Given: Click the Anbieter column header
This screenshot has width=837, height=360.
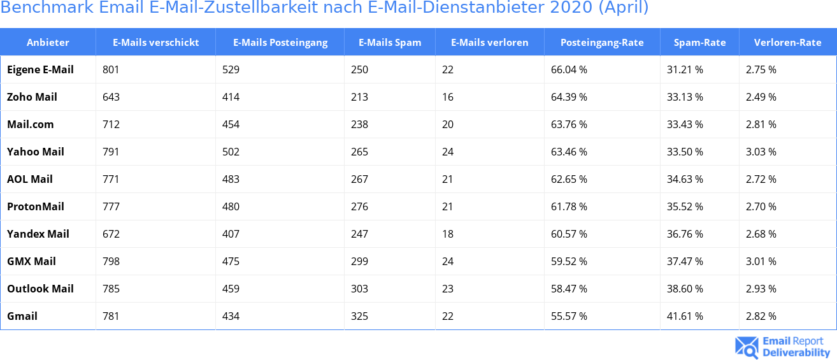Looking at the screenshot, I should point(48,43).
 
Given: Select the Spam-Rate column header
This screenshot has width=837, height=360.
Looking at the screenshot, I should point(699,43).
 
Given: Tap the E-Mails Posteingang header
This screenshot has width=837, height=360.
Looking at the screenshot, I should point(280,43).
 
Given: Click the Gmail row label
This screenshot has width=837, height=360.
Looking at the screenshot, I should point(22,316).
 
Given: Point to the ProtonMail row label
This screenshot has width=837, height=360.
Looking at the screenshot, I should point(36,206).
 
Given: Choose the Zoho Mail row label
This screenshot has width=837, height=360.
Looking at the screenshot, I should point(32,97).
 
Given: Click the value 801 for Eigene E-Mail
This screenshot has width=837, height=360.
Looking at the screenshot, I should point(111,69).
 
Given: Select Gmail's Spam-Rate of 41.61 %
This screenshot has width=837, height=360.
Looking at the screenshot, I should point(685,316).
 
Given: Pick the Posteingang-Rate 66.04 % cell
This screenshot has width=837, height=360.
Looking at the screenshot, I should point(569,69).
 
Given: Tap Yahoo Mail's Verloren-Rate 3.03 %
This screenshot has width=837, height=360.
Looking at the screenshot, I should point(761,152).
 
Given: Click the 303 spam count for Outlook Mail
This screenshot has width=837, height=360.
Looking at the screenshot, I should point(359,289).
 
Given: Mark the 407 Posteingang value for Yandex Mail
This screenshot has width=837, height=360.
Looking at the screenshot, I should point(231,234).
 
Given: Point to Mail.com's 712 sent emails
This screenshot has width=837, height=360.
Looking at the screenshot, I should point(111,124).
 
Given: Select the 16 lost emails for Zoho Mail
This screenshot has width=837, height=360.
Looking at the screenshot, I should point(448,97).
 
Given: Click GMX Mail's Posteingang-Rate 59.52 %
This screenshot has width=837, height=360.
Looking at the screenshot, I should point(569,261).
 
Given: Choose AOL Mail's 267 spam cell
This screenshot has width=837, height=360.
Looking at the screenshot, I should point(359,179).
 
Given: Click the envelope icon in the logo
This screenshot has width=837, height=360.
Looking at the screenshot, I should point(747,347).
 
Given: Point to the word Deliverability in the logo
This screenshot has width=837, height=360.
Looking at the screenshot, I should point(796,352).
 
